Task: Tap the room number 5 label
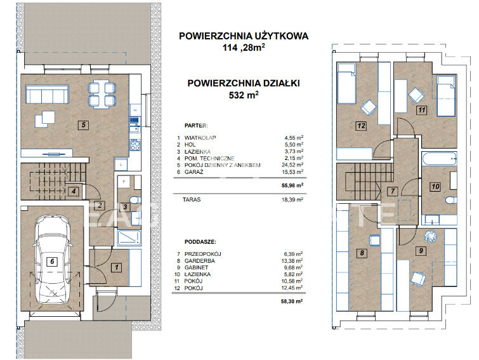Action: pyautogui.click(x=83, y=124)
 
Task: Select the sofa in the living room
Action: pyautogui.click(x=47, y=95)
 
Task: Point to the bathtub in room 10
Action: pyautogui.click(x=439, y=159)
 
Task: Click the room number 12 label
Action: pyautogui.click(x=361, y=126)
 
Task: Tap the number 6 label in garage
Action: pyautogui.click(x=52, y=262)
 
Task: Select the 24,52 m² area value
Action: pyautogui.click(x=292, y=165)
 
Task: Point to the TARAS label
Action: pyautogui.click(x=192, y=200)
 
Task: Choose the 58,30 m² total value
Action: pyautogui.click(x=292, y=302)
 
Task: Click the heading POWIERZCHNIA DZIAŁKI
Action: pyautogui.click(x=244, y=83)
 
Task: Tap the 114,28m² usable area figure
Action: pyautogui.click(x=244, y=48)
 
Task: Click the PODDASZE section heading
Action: pyautogui.click(x=200, y=242)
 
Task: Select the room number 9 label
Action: pyautogui.click(x=421, y=251)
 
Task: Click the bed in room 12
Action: pyautogui.click(x=347, y=83)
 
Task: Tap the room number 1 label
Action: pyautogui.click(x=116, y=267)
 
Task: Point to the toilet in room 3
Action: pyautogui.click(x=135, y=200)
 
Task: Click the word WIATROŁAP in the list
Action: pyautogui.click(x=200, y=138)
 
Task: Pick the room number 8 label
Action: pyautogui.click(x=362, y=253)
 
